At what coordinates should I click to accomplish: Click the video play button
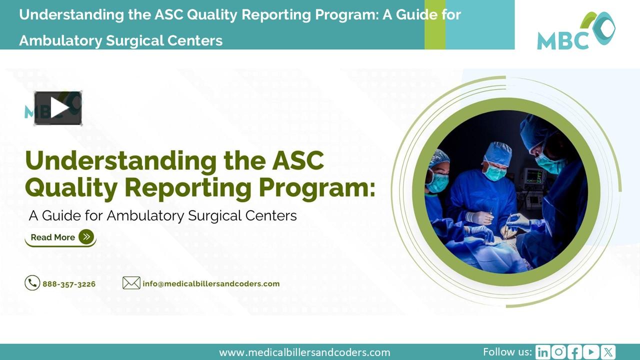point(58,108)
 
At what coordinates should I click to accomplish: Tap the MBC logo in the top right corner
point(576,31)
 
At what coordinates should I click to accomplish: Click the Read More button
point(60,237)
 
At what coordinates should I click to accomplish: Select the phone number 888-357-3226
point(69,284)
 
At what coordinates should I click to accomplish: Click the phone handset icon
point(32,283)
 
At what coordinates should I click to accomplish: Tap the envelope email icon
point(131,283)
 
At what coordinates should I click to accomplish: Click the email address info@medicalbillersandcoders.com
point(211,284)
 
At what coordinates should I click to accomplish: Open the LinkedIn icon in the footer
point(542,352)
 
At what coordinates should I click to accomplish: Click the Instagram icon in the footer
point(558,352)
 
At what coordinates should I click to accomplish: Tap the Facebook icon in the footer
point(575,352)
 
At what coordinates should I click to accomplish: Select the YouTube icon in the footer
point(591,352)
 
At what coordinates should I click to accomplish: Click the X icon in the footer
point(608,352)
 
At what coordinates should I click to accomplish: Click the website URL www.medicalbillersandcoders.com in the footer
point(304,352)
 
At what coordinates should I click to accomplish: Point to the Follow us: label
point(507,351)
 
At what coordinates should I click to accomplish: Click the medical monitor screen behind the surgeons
point(533,176)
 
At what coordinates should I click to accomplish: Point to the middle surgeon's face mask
point(494,172)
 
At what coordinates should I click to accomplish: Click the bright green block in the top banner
point(434,24)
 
